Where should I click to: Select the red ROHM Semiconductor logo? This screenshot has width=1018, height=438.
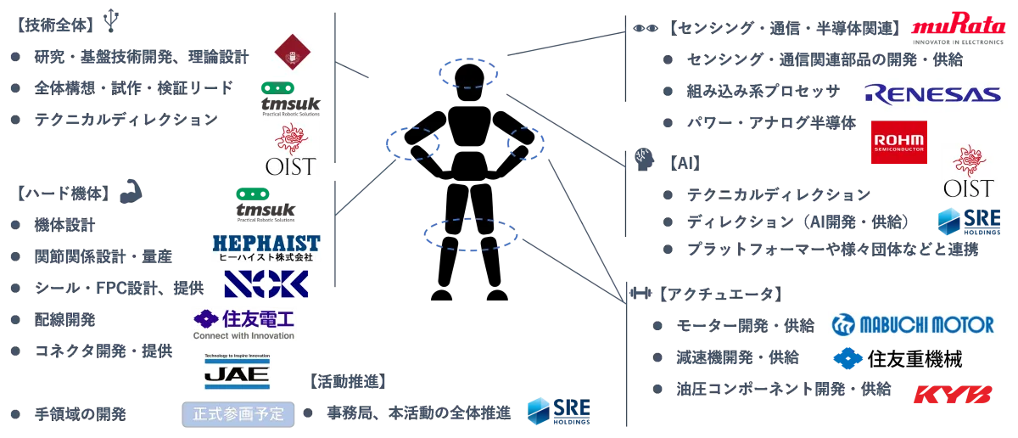pyautogui.click(x=898, y=142)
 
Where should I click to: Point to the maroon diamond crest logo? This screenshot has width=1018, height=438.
pyautogui.click(x=291, y=54)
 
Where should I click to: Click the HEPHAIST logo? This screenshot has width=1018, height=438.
pyautogui.click(x=266, y=247)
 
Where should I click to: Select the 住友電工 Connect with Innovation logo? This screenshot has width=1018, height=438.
pyautogui.click(x=244, y=325)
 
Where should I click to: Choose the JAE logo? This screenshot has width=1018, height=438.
pyautogui.click(x=235, y=370)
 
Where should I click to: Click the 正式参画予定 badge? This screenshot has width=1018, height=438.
pyautogui.click(x=237, y=415)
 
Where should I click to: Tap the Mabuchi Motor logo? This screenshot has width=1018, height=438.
pyautogui.click(x=910, y=323)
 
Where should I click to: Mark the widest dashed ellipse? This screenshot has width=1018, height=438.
pyautogui.click(x=470, y=233)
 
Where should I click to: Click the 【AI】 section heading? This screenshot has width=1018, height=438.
pyautogui.click(x=680, y=159)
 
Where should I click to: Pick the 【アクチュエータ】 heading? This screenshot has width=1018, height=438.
pyautogui.click(x=719, y=295)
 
